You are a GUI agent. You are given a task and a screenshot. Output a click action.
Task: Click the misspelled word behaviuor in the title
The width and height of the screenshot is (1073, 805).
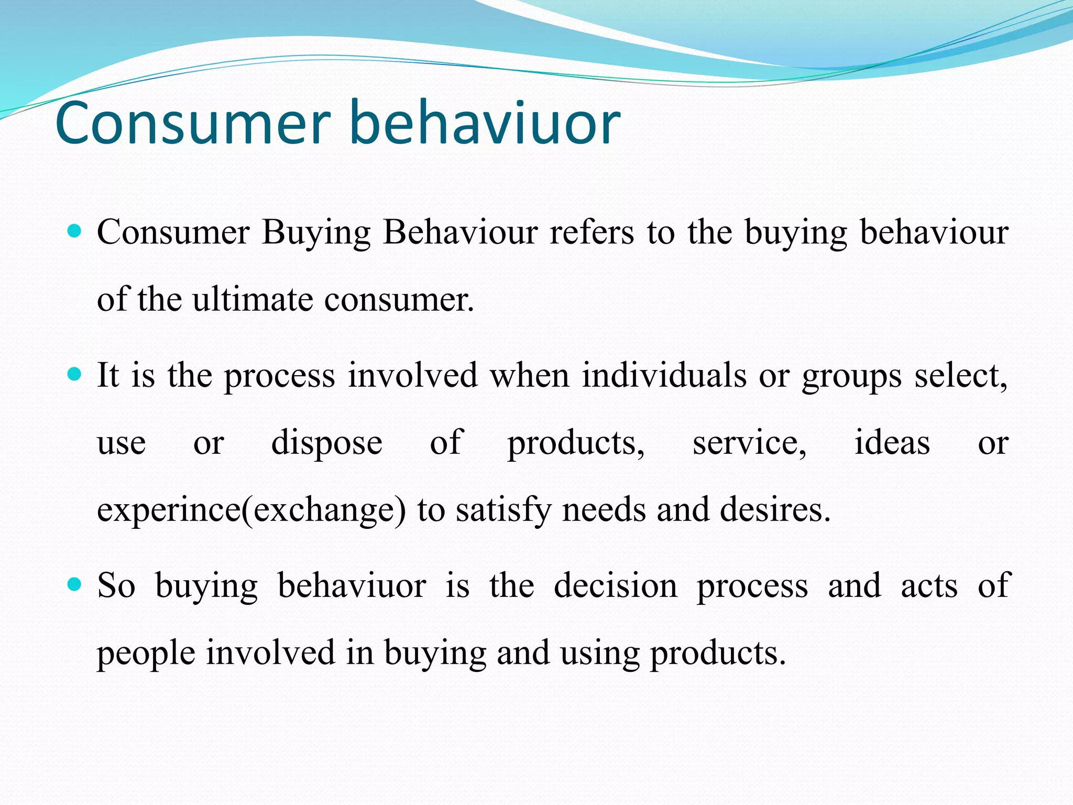point(484,123)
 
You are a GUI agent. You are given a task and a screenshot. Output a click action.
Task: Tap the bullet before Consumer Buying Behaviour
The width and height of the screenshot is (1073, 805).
point(75,231)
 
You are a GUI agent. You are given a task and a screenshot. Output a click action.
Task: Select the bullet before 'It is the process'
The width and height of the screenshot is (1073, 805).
point(75,374)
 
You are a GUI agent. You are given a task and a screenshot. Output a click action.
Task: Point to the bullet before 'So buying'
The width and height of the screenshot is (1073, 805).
point(75,584)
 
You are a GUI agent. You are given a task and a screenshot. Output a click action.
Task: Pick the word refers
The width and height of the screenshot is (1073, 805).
point(592,232)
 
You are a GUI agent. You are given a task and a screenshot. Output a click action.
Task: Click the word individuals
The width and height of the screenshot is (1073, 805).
point(664,375)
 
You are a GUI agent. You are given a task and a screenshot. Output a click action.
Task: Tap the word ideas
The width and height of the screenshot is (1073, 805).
point(892,442)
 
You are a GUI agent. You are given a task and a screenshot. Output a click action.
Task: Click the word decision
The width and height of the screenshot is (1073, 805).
point(616,585)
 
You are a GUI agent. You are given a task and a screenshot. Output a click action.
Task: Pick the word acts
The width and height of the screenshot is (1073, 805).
point(928,586)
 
